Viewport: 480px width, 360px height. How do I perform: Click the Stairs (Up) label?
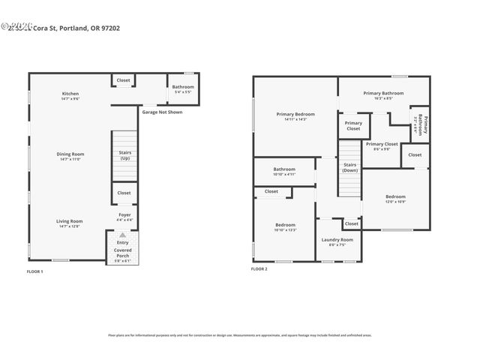coord(124,155)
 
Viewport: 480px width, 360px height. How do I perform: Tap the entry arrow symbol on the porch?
coord(122,235)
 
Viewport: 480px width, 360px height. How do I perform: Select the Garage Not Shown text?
coord(162,112)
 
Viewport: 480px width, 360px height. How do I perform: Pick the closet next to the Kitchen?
coord(123,80)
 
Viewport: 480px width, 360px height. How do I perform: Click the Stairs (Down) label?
coord(349,167)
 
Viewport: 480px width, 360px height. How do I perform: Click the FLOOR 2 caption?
coord(259,268)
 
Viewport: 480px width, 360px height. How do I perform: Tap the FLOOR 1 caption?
coord(35,271)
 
